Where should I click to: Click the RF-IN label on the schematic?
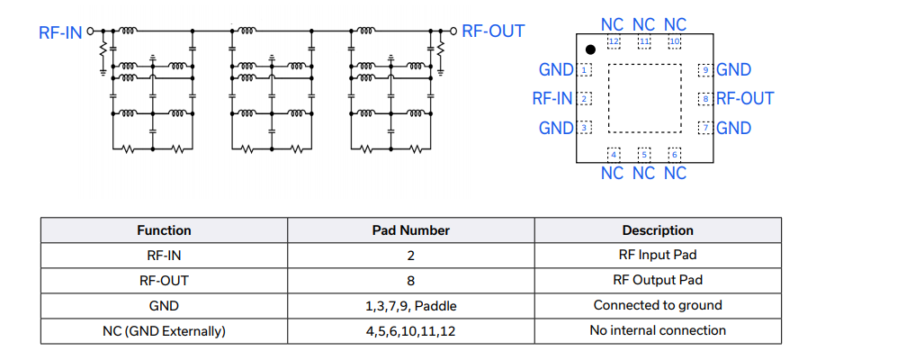tap(60, 33)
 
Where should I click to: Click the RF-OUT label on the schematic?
tap(493, 31)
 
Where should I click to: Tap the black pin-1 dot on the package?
tap(590, 49)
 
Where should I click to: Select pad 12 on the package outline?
tap(614, 41)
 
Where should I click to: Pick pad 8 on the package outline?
tap(706, 98)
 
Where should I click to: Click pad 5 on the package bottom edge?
tap(644, 155)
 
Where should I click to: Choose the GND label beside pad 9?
tap(734, 69)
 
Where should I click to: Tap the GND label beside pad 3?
tap(556, 128)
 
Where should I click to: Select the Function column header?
tap(164, 230)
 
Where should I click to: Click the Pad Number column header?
tap(410, 230)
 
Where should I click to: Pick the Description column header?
tap(657, 230)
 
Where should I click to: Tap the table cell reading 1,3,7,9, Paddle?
tap(410, 305)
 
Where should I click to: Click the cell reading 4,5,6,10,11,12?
tap(410, 330)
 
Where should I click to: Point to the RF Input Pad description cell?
tap(657, 255)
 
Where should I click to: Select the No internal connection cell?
tap(657, 330)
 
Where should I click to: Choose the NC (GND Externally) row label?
tap(164, 330)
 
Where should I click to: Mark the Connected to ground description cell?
tap(657, 305)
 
